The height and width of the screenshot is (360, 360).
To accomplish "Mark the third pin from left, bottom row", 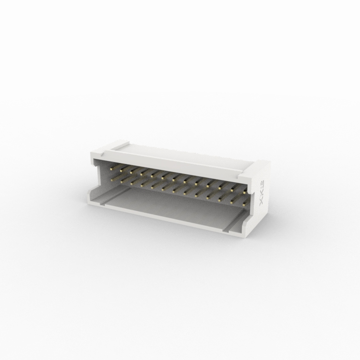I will point(133,182).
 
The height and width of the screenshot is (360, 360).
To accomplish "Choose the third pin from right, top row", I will point(222,185).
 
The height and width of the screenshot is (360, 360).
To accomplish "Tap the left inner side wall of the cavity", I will point(100,178).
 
